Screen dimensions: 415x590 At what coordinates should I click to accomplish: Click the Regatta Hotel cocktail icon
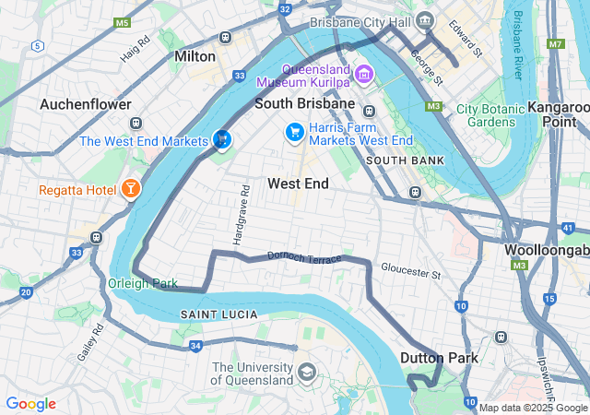click(x=130, y=190)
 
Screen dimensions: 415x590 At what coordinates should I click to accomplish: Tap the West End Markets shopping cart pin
click(x=221, y=139)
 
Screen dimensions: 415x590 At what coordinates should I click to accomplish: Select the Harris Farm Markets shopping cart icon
click(x=294, y=133)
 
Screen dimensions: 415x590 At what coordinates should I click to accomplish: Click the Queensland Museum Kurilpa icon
click(x=364, y=73)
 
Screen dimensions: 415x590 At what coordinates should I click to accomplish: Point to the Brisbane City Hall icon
click(x=424, y=20)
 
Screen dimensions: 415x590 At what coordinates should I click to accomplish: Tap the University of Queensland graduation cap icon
click(x=306, y=373)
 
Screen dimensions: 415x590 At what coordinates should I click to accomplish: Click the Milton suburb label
click(x=195, y=56)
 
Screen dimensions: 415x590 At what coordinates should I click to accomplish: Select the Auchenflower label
click(x=85, y=104)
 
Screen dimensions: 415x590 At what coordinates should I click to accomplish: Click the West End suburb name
click(x=298, y=184)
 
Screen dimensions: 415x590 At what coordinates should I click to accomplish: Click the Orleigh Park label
click(x=143, y=283)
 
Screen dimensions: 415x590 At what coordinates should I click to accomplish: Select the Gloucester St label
click(x=411, y=273)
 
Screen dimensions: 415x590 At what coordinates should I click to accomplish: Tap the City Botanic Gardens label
click(x=491, y=115)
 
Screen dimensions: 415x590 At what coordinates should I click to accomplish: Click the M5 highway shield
click(x=123, y=22)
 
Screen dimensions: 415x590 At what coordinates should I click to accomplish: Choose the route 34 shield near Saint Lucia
click(x=195, y=346)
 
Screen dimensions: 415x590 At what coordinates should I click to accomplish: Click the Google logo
click(x=30, y=404)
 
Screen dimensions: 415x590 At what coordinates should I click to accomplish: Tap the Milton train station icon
click(x=225, y=38)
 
